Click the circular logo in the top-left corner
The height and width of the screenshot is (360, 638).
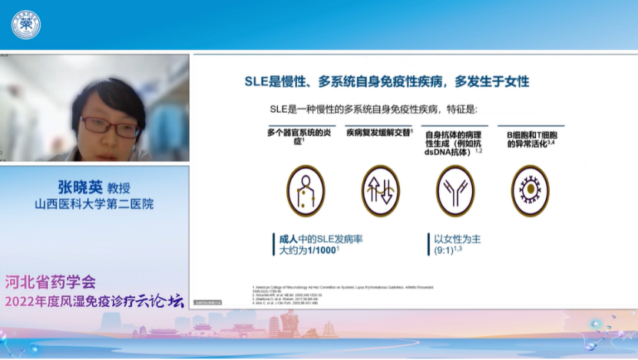coord(26,25)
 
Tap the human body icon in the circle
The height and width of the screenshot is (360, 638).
coord(306,190)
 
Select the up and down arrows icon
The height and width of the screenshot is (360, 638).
coord(380,190)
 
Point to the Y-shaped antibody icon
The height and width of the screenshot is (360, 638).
coord(455,190)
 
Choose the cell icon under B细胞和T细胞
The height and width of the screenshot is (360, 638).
coord(530,190)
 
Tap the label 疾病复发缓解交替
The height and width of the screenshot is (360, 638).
coord(379,133)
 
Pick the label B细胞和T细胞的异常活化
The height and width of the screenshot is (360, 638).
coord(531,137)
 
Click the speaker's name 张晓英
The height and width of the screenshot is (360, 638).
coord(79,188)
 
